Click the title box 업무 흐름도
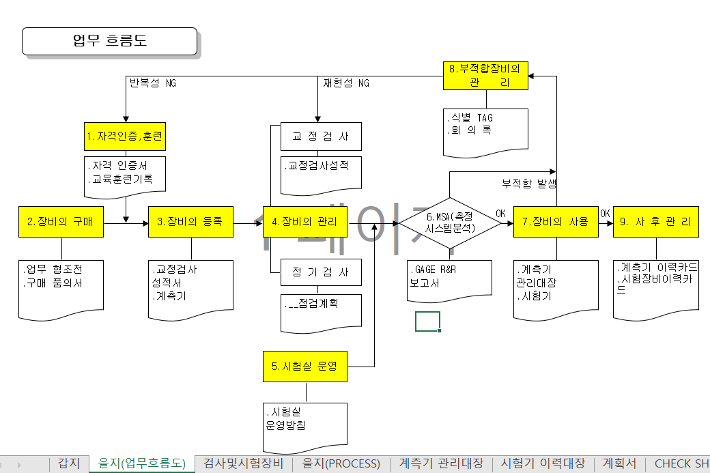pos(109,41)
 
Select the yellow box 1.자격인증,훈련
pos(124,137)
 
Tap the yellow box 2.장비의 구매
pos(61,221)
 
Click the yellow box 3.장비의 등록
pos(190,221)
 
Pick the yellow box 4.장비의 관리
pos(305,221)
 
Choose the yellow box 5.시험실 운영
pos(305,367)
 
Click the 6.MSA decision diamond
pos(451,221)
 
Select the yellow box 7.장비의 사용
pos(556,221)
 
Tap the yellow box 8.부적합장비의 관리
pos(485,76)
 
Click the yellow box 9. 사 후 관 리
pos(655,221)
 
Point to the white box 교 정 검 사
pos(321,137)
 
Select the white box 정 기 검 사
pos(321,272)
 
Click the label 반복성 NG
pos(152,83)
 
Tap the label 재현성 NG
pos(346,83)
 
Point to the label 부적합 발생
pos(529,184)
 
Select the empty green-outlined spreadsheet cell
pos(427,321)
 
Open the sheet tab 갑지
pos(69,463)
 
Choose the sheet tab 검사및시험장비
pos(244,463)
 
